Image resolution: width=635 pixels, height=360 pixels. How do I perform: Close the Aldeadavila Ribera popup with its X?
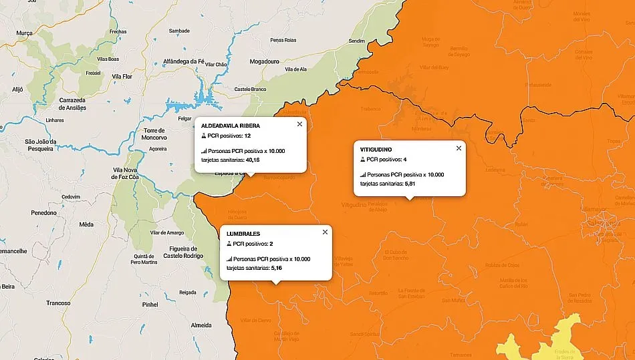(x=299, y=124)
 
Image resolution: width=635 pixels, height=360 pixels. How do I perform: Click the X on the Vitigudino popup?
(x=459, y=148)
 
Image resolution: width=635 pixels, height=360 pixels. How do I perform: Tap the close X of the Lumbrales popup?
(x=325, y=232)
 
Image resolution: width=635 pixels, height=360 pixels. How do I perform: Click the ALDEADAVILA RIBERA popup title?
(x=231, y=126)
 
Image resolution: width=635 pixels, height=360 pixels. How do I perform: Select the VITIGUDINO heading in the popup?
(x=376, y=150)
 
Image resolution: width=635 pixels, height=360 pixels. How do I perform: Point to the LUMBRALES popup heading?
(x=243, y=234)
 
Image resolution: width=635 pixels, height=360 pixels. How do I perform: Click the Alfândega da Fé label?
(x=183, y=61)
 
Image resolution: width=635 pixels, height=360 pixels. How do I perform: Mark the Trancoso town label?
(x=58, y=303)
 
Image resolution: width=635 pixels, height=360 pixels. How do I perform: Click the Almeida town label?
(x=201, y=325)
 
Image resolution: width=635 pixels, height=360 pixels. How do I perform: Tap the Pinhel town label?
(x=150, y=304)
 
